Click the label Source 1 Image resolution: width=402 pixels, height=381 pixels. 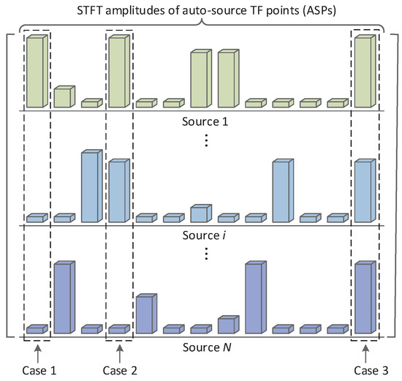tap(205, 120)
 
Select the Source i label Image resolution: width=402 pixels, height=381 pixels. tap(205, 234)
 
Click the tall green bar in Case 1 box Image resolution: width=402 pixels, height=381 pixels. tap(37, 71)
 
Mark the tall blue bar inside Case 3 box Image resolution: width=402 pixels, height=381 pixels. tap(365, 190)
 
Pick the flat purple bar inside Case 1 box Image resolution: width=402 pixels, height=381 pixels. tap(37, 330)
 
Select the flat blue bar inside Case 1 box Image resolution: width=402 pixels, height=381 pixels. tap(37, 218)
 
